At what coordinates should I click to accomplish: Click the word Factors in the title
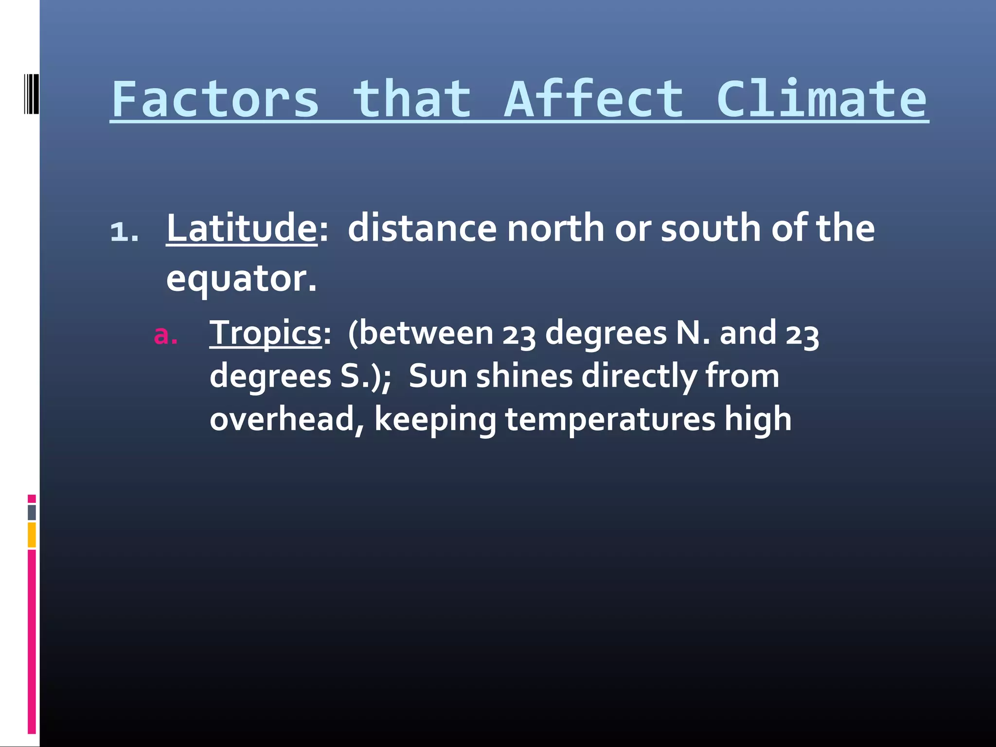click(x=215, y=100)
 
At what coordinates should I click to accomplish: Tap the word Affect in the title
click(x=594, y=100)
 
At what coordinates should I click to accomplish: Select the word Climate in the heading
click(x=821, y=100)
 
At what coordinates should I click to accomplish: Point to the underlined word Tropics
click(x=266, y=333)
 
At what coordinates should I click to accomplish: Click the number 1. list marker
click(x=124, y=231)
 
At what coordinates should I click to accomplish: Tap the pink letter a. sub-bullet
click(x=165, y=336)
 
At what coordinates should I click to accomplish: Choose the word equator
click(x=241, y=279)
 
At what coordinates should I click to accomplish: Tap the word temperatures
click(x=610, y=419)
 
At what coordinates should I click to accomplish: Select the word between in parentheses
click(x=426, y=333)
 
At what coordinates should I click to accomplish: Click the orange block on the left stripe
click(x=32, y=535)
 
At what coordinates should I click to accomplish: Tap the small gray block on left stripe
click(x=32, y=513)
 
